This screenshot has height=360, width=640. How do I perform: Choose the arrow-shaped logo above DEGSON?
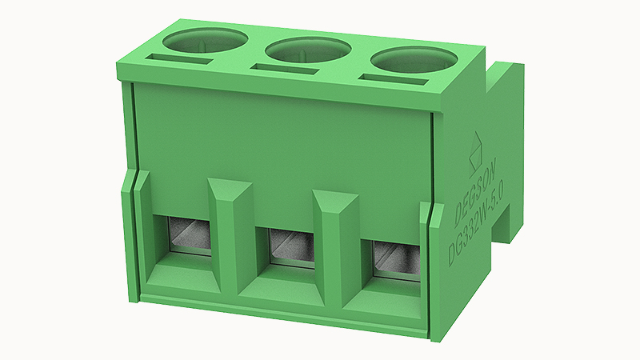477,144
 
